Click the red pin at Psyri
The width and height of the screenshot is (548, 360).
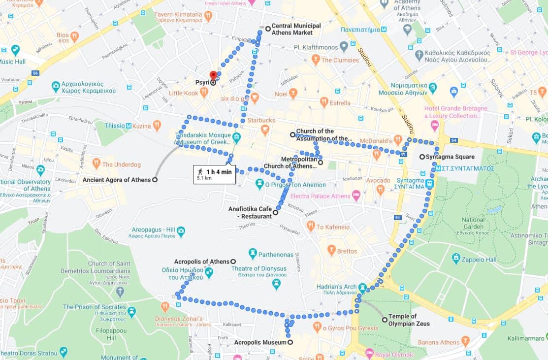213,75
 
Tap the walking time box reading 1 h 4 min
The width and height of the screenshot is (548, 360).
214,174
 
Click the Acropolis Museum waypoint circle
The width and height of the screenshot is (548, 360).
290,343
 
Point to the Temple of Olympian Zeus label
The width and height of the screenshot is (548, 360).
409,320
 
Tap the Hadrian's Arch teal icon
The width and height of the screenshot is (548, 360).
362,287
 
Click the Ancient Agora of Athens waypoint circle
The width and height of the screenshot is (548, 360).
155,180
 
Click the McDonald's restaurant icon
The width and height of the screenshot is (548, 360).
398,140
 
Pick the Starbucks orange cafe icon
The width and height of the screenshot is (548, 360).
265,130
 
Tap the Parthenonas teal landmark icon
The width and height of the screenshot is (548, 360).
253,254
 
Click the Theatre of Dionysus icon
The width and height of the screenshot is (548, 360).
276,283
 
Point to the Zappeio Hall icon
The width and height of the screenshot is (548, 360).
456,258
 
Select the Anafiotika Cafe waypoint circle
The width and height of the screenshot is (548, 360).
276,213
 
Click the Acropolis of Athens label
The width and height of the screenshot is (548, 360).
201,262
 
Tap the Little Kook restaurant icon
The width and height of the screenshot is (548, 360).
204,93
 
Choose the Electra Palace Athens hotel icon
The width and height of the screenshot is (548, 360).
356,196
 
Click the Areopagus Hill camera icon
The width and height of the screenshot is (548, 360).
181,230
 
